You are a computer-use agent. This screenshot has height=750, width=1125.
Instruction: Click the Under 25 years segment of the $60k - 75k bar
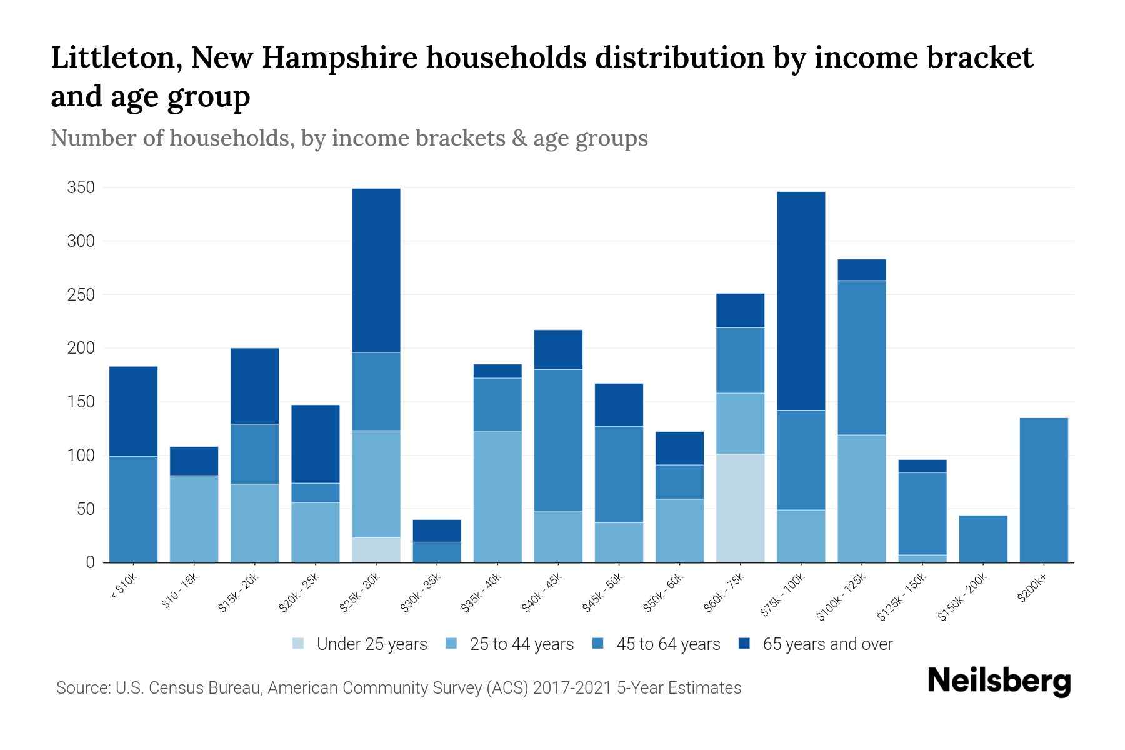click(x=741, y=508)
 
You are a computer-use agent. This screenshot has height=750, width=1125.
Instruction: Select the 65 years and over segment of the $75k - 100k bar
click(x=801, y=301)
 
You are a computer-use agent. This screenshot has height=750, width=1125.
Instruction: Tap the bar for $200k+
click(x=1044, y=490)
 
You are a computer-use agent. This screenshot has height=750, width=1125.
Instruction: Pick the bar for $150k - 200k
click(x=983, y=539)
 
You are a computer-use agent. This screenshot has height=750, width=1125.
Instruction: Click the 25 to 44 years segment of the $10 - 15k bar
click(x=194, y=519)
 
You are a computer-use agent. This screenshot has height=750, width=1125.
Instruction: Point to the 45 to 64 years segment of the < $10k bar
click(x=133, y=509)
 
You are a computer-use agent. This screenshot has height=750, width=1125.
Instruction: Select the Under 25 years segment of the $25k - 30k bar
click(x=376, y=550)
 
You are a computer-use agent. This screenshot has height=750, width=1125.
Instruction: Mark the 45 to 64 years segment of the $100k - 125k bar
click(x=862, y=357)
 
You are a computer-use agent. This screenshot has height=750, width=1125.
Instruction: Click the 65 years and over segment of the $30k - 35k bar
click(x=437, y=531)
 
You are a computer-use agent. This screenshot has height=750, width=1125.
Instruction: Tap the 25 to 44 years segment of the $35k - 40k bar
click(x=497, y=497)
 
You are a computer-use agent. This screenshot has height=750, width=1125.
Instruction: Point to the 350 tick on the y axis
click(x=81, y=187)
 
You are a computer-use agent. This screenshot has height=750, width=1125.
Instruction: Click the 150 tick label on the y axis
click(x=81, y=402)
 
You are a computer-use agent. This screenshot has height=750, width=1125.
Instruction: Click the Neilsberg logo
click(x=999, y=681)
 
